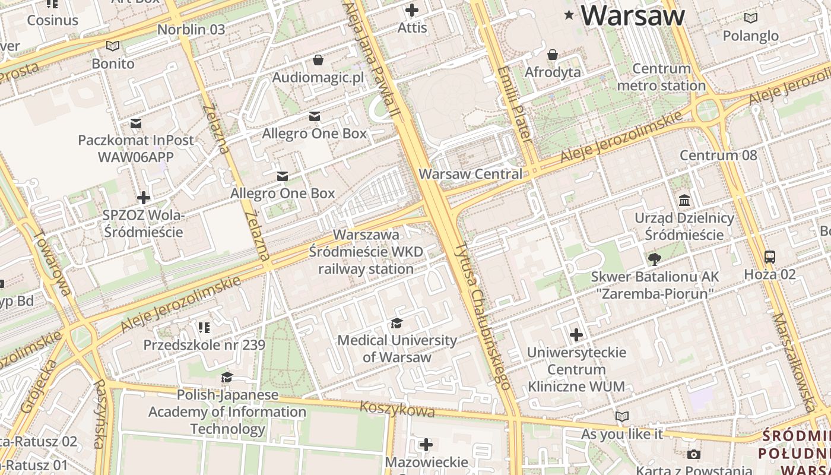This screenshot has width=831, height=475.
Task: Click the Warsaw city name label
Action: [633, 15]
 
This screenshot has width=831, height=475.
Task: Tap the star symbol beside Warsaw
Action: [569, 15]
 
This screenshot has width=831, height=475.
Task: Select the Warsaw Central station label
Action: [470, 174]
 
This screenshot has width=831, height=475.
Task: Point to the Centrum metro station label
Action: [661, 77]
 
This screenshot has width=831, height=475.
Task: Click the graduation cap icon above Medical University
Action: [397, 323]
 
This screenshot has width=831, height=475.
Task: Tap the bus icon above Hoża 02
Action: [769, 257]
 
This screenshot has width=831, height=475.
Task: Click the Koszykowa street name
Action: [397, 409]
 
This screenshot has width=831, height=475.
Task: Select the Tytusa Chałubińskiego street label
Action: [483, 316]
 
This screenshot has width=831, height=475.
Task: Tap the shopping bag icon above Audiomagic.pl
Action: [318, 60]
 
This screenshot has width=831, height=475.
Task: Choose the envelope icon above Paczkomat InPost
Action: [136, 123]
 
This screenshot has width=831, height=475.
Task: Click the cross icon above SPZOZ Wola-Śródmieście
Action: [143, 197]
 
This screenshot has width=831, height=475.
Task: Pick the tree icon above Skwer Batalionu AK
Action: [654, 259]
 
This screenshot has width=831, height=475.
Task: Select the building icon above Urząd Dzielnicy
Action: [684, 200]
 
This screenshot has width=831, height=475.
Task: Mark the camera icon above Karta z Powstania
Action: [693, 454]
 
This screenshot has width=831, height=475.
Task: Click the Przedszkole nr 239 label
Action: [204, 345]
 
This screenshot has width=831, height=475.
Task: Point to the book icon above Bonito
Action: [113, 46]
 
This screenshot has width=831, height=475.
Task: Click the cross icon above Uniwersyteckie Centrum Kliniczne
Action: [576, 335]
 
